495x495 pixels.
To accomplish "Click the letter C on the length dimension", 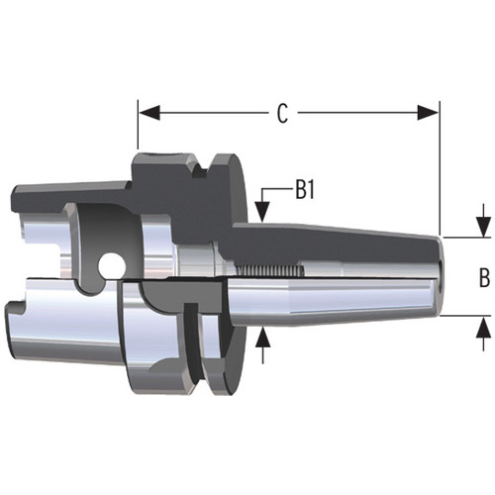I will pos(282,114).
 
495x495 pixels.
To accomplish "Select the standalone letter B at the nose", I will pos(484,278).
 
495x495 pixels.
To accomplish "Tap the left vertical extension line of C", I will pos(137,129).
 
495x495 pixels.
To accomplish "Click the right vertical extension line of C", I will pos(439,168).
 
